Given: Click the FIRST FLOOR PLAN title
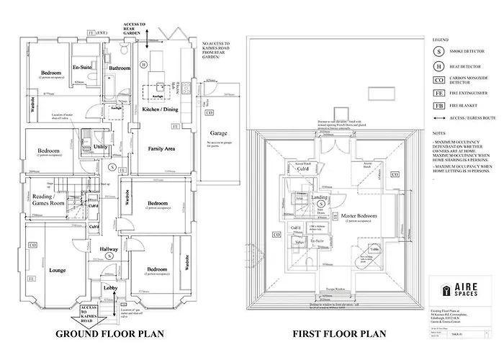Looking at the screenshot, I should [x=338, y=334].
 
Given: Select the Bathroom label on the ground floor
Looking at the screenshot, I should [x=118, y=68].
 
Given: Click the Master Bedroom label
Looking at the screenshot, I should [x=359, y=216].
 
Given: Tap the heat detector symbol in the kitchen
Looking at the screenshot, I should [x=143, y=64].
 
